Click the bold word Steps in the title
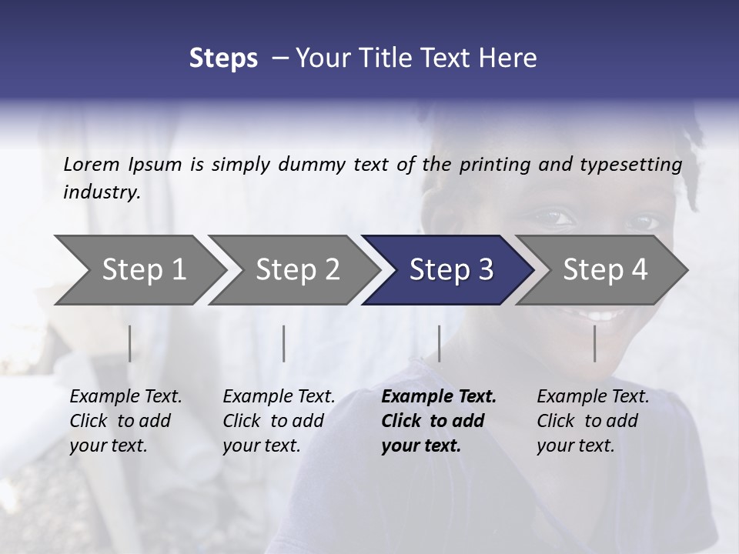pyautogui.click(x=223, y=58)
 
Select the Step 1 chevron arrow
pyautogui.click(x=139, y=269)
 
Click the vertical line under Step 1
pyautogui.click(x=130, y=343)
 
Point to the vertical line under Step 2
pyautogui.click(x=284, y=343)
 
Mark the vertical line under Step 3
pyautogui.click(x=440, y=343)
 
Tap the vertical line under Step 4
pyautogui.click(x=595, y=343)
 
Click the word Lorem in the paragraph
pyautogui.click(x=92, y=164)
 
